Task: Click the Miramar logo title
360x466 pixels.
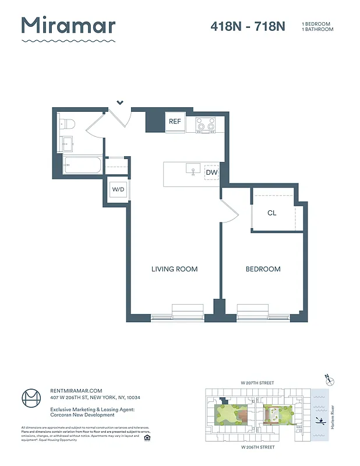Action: [x=68, y=26]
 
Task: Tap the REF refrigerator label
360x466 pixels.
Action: [x=175, y=122]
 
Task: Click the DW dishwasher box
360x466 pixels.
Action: [x=212, y=172]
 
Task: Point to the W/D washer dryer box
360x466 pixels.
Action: [x=118, y=190]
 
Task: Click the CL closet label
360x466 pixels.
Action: [x=271, y=213]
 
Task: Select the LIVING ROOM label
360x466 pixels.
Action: [x=174, y=269]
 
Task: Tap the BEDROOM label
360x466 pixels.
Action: [x=263, y=269]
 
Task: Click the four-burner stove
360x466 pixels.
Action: [x=205, y=123]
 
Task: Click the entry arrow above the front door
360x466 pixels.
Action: [x=120, y=103]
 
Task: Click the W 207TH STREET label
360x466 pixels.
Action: [x=257, y=383]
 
